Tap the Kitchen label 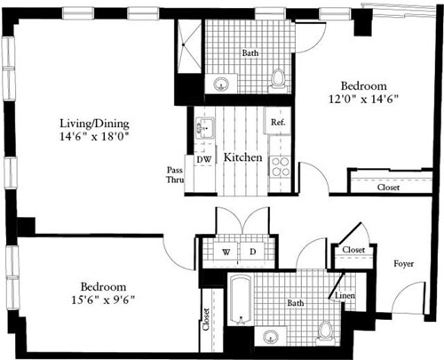242,157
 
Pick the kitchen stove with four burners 280,166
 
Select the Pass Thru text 175,175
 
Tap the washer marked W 226,252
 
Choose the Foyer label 404,262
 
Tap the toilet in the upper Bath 279,78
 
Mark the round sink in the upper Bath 221,84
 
